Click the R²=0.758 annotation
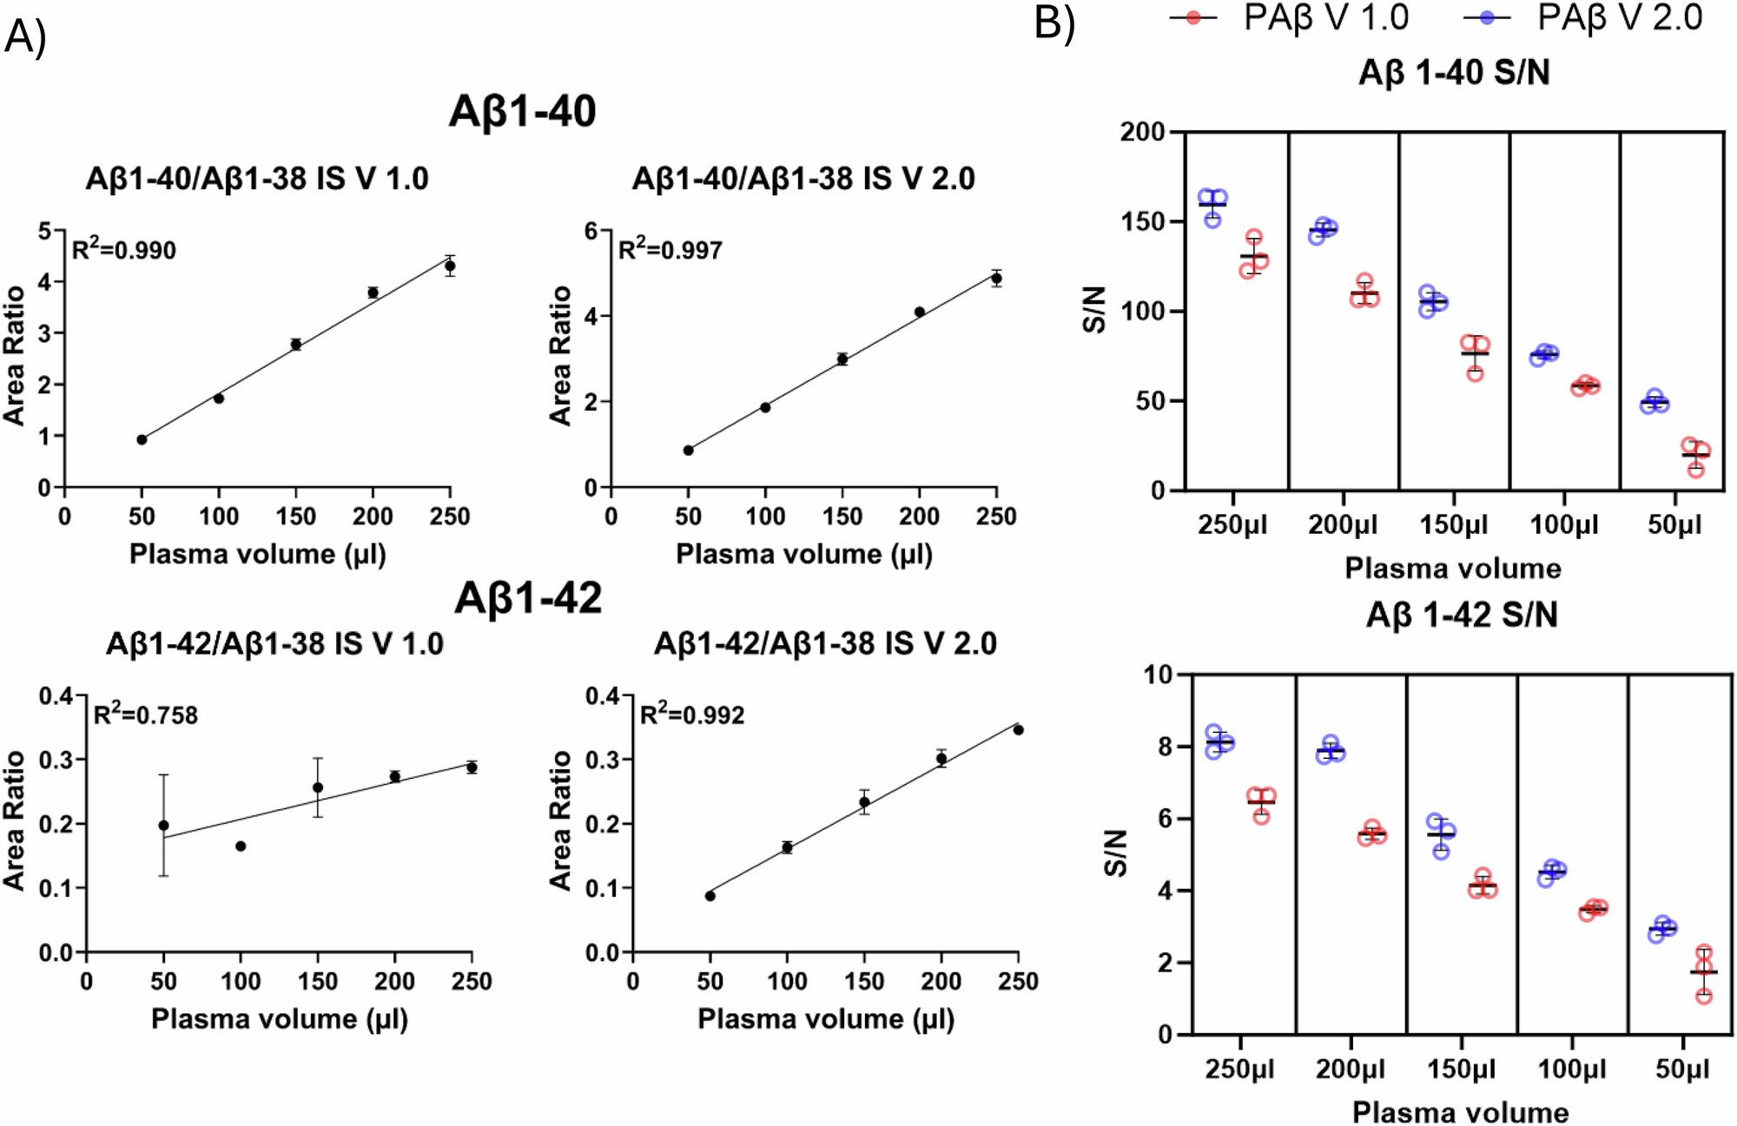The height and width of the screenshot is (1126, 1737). click(145, 714)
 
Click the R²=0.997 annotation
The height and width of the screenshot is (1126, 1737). click(670, 250)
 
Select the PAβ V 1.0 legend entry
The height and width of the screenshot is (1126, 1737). click(1290, 17)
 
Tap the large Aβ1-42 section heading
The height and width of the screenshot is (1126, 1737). click(528, 598)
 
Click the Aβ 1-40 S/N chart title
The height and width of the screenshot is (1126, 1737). click(1454, 72)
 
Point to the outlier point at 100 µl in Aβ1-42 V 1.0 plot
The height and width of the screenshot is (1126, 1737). click(241, 846)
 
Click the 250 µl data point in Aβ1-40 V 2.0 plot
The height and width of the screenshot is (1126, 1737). click(996, 279)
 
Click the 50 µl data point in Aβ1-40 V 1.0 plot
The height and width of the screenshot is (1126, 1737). click(142, 439)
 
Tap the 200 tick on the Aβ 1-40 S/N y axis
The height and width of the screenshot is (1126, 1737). click(1142, 132)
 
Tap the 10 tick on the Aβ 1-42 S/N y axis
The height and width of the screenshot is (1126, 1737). click(1157, 675)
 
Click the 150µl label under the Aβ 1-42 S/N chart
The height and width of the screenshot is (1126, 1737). click(1461, 1069)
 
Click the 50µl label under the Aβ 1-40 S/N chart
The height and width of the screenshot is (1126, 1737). click(1674, 524)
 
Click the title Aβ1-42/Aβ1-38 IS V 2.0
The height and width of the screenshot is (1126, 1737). click(825, 643)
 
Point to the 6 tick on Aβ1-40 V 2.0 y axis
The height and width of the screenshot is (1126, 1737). click(591, 231)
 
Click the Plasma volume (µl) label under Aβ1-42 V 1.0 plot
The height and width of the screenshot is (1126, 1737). click(279, 1018)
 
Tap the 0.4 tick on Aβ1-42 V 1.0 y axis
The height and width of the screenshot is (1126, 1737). click(56, 695)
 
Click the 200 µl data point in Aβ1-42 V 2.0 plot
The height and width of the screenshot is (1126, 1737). click(941, 759)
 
